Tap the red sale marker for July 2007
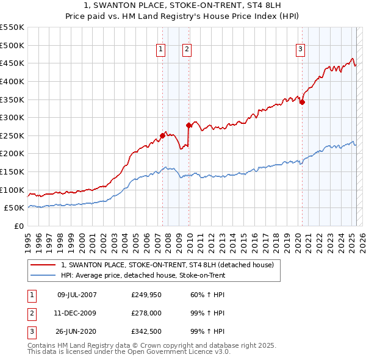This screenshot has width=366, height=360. point(162,135)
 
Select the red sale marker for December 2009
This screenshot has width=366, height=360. point(188,125)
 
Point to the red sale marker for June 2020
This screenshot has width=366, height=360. point(302,102)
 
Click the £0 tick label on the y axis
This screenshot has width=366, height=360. point(20,226)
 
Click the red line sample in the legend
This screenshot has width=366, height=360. point(42,265)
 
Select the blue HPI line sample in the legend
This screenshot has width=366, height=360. point(42,275)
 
